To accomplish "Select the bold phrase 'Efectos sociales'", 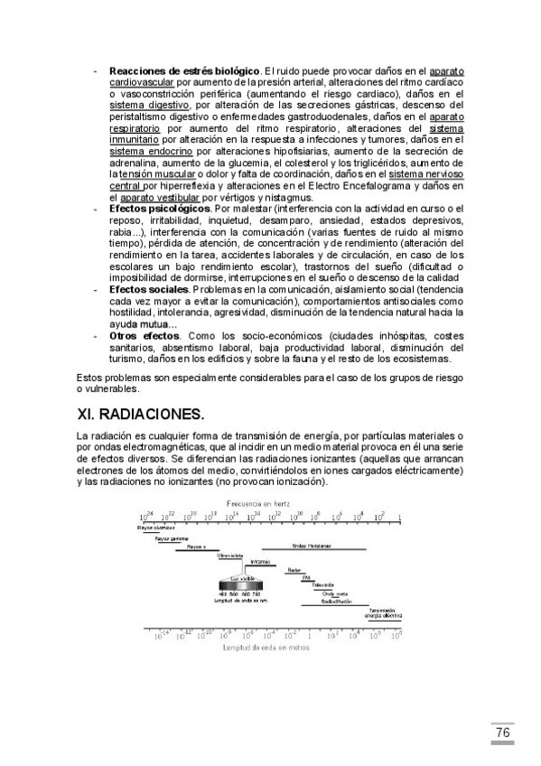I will [149, 290].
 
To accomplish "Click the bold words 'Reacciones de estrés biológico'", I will [184, 70].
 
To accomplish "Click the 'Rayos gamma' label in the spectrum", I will [172, 537].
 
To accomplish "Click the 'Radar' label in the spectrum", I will [294, 569].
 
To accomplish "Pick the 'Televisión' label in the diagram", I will [323, 584].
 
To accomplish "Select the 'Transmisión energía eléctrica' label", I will [384, 612].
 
